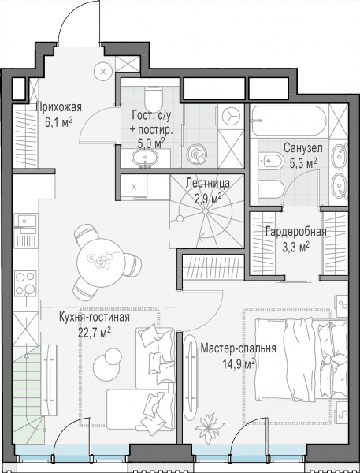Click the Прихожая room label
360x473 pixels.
[x=59, y=107]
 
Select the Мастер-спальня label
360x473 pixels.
[x=238, y=348]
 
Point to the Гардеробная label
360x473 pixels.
[x=296, y=232]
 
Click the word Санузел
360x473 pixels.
[x=303, y=148]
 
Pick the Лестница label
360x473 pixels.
[x=208, y=183]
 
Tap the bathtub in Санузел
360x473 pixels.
[x=289, y=121]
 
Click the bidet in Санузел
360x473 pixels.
[x=270, y=159]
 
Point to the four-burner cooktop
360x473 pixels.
[x=26, y=283]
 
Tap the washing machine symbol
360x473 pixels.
[x=231, y=116]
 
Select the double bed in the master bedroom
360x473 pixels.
[x=301, y=361]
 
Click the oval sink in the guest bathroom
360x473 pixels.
[x=145, y=158]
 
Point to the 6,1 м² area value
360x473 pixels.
[x=58, y=122]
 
